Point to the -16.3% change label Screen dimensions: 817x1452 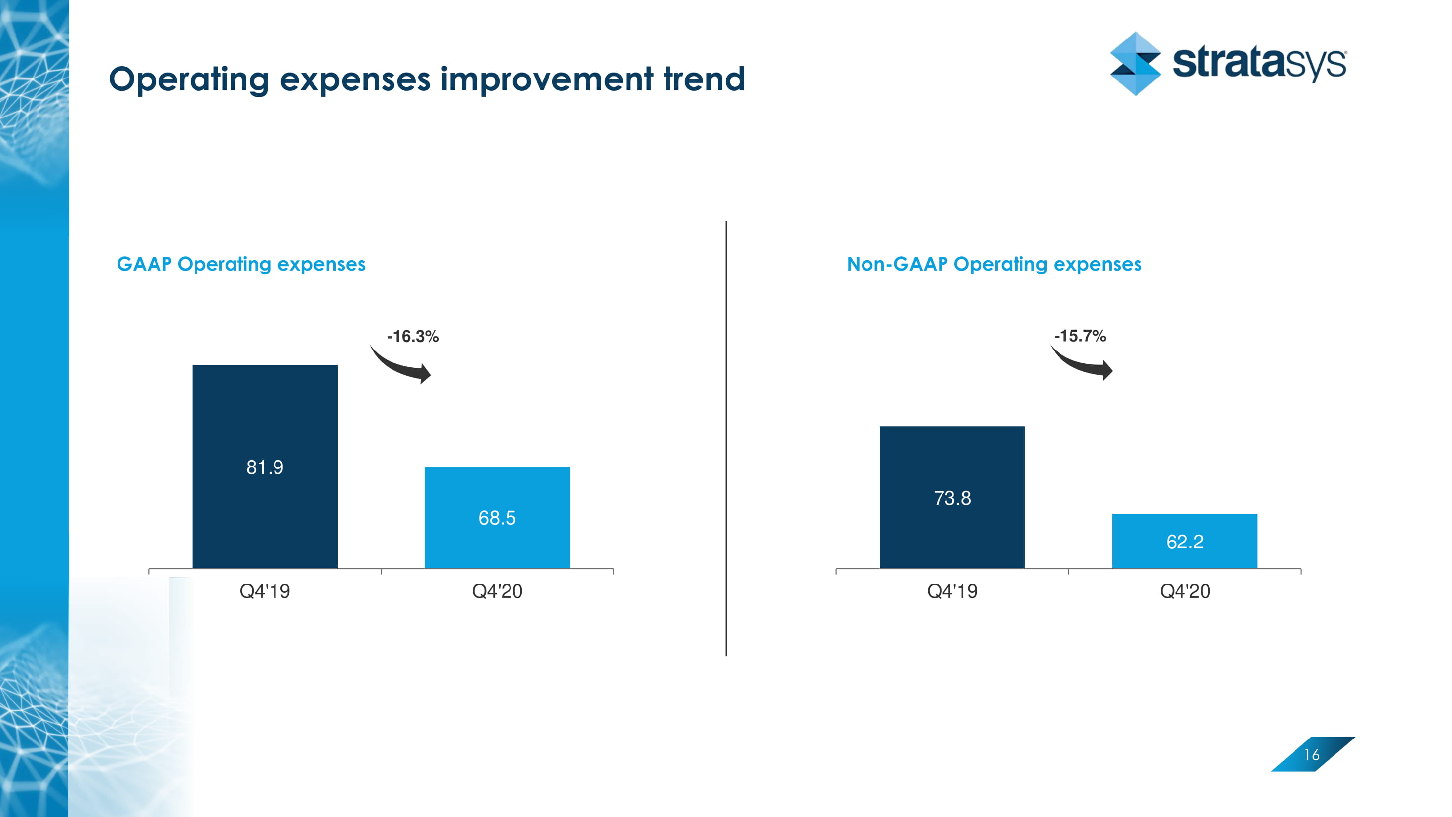[x=413, y=336]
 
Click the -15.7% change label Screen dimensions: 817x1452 [x=1079, y=336]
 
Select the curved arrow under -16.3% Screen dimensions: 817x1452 [x=401, y=365]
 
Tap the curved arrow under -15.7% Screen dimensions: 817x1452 [x=1082, y=363]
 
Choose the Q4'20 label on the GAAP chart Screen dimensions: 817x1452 [x=497, y=591]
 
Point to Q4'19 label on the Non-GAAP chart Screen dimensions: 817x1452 [x=952, y=591]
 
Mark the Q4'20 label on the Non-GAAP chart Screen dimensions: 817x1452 [x=1184, y=591]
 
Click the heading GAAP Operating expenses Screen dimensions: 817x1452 [x=241, y=264]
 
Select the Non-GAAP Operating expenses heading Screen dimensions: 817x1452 [x=994, y=264]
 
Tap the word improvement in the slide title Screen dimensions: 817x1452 [x=546, y=79]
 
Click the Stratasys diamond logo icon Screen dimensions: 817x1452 [x=1135, y=63]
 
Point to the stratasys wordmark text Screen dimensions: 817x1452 [x=1258, y=63]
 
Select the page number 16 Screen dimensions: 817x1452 [x=1312, y=754]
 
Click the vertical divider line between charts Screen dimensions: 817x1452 [x=726, y=439]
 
